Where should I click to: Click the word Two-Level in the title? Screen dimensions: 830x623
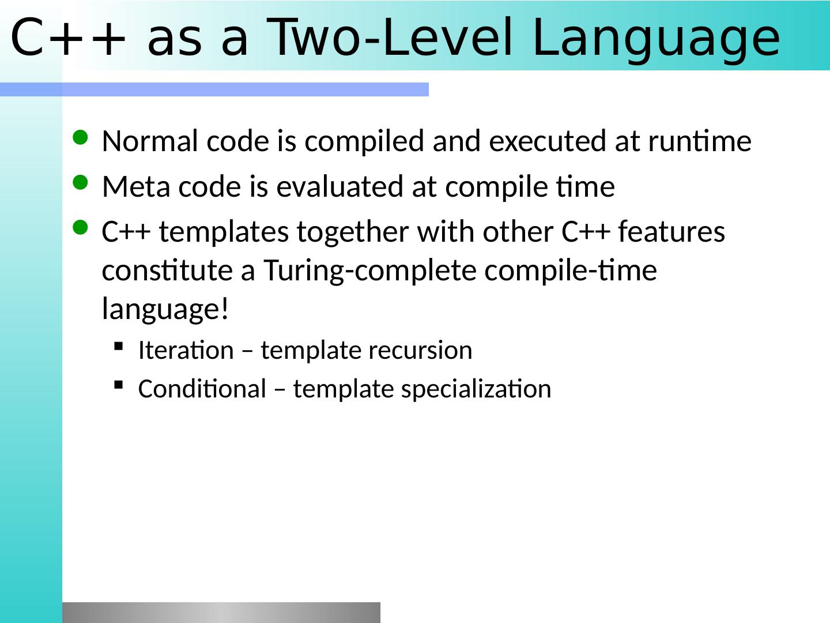(389, 37)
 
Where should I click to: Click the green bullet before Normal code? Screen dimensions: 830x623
(80, 138)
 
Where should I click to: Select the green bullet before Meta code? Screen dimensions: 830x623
(80, 183)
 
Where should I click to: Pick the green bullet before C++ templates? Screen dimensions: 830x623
(80, 228)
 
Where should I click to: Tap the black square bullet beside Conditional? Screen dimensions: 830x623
(119, 385)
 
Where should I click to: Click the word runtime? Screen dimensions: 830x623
(700, 141)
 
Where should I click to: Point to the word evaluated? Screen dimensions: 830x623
(339, 186)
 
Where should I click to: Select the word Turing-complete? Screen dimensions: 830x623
(370, 272)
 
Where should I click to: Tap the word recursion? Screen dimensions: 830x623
(420, 350)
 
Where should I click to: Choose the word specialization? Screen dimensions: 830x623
(476, 389)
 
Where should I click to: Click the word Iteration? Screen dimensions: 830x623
(186, 350)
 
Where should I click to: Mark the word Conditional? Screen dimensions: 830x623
(202, 388)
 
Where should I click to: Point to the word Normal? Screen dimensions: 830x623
(150, 141)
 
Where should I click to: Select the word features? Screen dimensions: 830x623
(671, 231)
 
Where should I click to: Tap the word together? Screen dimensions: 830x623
(352, 232)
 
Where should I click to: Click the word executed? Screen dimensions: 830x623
(548, 141)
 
